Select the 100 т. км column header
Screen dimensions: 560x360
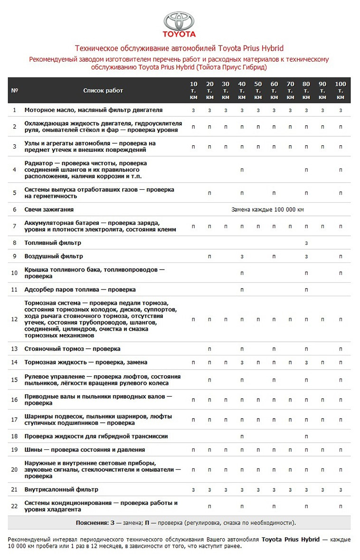pyautogui.click(x=340, y=90)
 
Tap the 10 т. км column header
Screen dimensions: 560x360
pyautogui.click(x=193, y=90)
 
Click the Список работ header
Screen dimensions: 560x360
pyautogui.click(x=103, y=90)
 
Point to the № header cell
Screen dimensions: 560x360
pyautogui.click(x=14, y=90)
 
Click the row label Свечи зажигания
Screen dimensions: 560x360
pyautogui.click(x=49, y=209)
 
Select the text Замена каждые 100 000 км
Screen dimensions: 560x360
pyautogui.click(x=267, y=209)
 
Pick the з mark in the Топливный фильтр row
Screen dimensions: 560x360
pyautogui.click(x=306, y=243)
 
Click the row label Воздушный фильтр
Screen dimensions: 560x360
pyautogui.click(x=54, y=256)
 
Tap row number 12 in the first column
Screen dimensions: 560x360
pyautogui.click(x=14, y=319)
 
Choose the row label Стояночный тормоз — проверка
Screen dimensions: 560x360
pyautogui.click(x=72, y=349)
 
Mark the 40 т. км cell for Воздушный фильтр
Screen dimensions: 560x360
pyautogui.click(x=242, y=256)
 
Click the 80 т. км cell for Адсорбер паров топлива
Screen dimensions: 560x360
pyautogui.click(x=306, y=289)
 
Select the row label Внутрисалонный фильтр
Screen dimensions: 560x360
pyautogui.click(x=61, y=489)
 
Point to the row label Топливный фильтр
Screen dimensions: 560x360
pyautogui.click(x=53, y=243)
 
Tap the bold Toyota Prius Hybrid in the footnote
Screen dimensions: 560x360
pyautogui.click(x=291, y=540)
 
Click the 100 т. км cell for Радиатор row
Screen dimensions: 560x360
pyautogui.click(x=340, y=169)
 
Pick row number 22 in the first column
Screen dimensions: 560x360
pyautogui.click(x=14, y=506)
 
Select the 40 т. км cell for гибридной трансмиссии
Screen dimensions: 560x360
pyautogui.click(x=242, y=436)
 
